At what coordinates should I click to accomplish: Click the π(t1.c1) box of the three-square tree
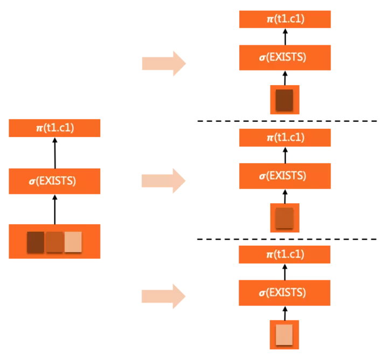coord(54,128)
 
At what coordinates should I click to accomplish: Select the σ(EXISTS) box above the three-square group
coord(54,181)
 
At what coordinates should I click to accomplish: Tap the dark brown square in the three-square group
coord(36,242)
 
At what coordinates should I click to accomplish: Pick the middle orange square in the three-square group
coord(54,242)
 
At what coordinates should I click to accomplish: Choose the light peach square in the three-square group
coord(73,242)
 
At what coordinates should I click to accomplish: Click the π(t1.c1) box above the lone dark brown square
coord(285,19)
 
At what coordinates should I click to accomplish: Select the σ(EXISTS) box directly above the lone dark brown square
coord(285,57)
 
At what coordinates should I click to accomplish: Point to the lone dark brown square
coord(284,100)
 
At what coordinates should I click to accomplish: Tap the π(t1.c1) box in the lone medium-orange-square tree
coord(285,137)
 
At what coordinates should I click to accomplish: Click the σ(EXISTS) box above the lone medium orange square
coord(285,176)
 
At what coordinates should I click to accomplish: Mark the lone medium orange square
coord(284,218)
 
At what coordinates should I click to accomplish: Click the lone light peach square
coord(284,335)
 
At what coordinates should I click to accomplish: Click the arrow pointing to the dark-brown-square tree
coord(163,64)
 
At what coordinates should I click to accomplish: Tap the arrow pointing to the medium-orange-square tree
coord(163,181)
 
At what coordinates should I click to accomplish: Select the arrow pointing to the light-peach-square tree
coord(163,296)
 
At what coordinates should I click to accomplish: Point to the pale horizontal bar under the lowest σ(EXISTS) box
coord(229,305)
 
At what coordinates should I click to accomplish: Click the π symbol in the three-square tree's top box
coord(39,128)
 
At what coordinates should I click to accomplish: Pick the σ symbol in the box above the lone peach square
coord(262,293)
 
